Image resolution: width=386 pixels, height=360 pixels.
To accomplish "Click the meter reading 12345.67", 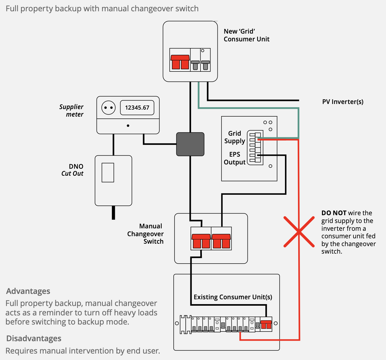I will tap(137, 108).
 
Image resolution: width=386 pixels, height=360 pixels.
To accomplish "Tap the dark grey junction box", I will tap(190, 144).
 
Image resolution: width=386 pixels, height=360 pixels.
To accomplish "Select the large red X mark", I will tap(299, 232).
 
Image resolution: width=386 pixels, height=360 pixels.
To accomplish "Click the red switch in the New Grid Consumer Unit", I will tap(180, 62).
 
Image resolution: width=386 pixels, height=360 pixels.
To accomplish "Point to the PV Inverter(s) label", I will tap(343, 102).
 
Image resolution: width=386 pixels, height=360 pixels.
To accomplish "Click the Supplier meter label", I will tap(71, 110).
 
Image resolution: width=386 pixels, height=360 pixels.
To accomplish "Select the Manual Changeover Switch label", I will tap(146, 234).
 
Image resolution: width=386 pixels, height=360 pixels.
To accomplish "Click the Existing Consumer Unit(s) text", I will tap(233, 297).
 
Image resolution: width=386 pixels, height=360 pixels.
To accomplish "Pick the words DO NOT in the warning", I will tap(334, 213).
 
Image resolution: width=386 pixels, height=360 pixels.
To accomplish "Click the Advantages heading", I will tap(28, 291).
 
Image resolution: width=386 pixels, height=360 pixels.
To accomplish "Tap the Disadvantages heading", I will tap(34, 339).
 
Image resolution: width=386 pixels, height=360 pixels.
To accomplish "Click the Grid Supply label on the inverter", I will tap(235, 137).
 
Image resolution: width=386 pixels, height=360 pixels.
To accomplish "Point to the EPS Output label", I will tap(235, 158).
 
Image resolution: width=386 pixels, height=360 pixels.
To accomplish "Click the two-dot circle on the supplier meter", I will tap(108, 108).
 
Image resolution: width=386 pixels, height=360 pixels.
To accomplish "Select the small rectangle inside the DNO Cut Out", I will tap(108, 172).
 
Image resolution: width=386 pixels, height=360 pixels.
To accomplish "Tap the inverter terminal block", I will tap(255, 147).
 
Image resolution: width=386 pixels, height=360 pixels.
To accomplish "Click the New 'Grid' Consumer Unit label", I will tap(246, 35).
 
